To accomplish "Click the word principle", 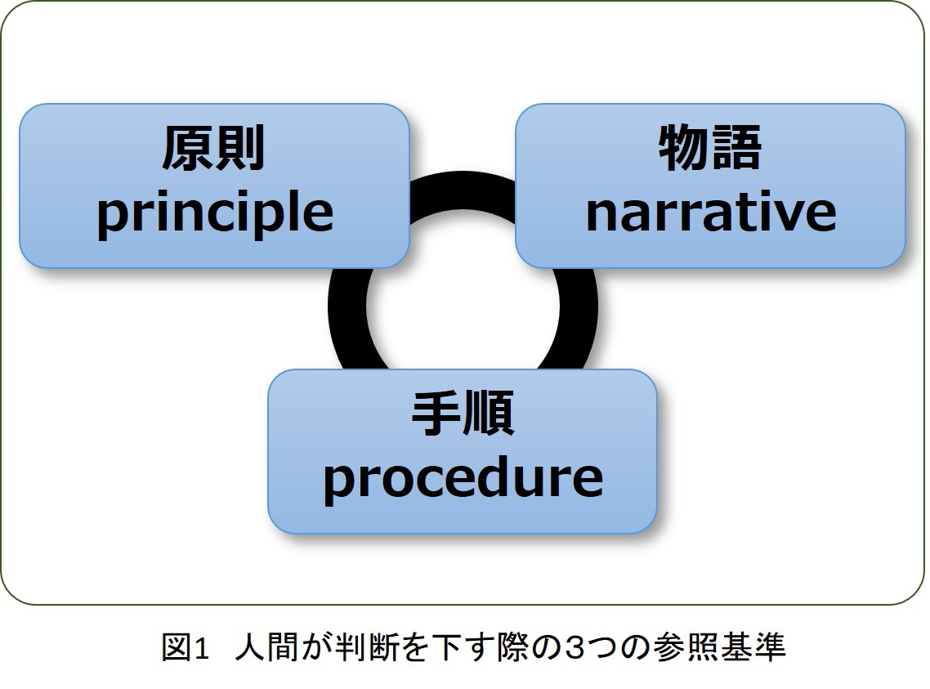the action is [x=215, y=214].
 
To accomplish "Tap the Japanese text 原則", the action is [x=213, y=148].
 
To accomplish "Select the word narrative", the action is [x=710, y=212].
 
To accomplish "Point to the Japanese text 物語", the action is [x=710, y=147].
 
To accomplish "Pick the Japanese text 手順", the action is [x=463, y=414].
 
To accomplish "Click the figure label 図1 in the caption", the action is [x=186, y=646].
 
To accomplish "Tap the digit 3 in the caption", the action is [x=575, y=647].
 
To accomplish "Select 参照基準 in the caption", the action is [x=719, y=646].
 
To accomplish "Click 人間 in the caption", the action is [x=267, y=646].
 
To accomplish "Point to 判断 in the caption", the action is [x=366, y=646].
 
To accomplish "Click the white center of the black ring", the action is [x=463, y=306].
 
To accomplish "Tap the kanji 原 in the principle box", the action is [x=187, y=148].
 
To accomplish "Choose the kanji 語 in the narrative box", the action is [x=736, y=147].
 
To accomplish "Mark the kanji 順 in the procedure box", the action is [x=489, y=414].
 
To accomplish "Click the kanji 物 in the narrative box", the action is [x=684, y=147].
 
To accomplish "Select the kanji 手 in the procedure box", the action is [x=436, y=414].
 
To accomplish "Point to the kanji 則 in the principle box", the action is [x=239, y=148].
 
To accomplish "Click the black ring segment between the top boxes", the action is [x=463, y=190].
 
